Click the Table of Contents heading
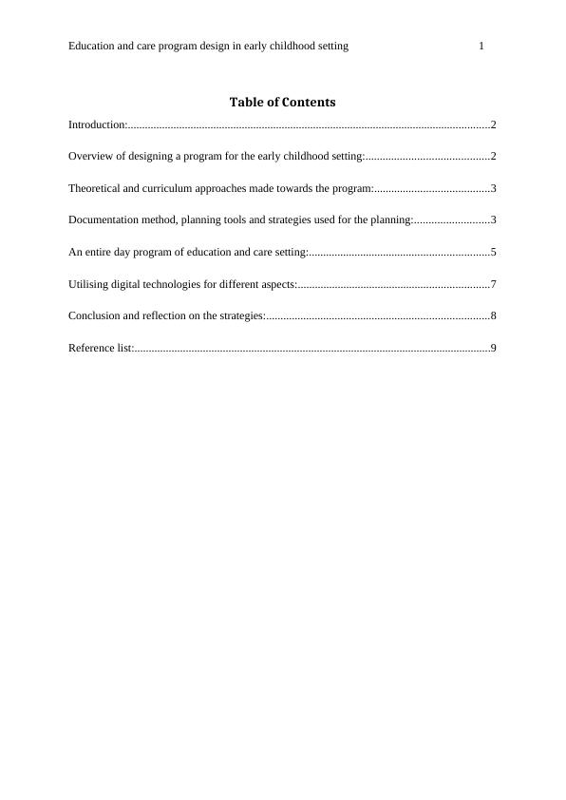point(282,102)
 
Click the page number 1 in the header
point(481,46)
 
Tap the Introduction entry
point(97,124)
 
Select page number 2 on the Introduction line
point(494,124)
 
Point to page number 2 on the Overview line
point(494,156)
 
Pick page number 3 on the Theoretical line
point(494,188)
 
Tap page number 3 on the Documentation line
point(494,220)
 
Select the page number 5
point(494,252)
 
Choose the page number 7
point(494,284)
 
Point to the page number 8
point(494,315)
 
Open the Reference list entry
point(100,348)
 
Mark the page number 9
point(494,348)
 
